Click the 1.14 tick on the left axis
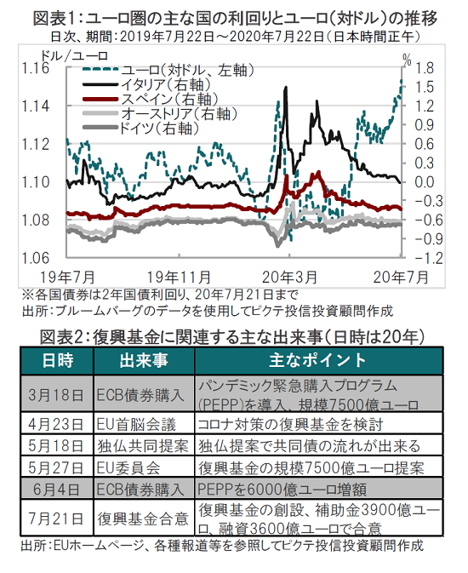(36, 106)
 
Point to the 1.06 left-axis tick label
(36, 258)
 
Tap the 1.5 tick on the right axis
(424, 88)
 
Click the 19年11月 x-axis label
(179, 278)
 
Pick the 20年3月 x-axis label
(289, 278)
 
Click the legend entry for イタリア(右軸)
(147, 84)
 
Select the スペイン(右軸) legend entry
(151, 99)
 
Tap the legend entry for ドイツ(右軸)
(141, 128)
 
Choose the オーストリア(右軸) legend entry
(160, 113)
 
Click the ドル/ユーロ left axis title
(75, 56)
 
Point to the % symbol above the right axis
(407, 60)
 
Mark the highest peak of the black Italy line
(285, 87)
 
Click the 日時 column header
(57, 361)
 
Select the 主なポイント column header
(318, 361)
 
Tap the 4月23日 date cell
(56, 424)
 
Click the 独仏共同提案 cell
(143, 446)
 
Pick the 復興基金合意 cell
(143, 519)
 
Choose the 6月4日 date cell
(56, 489)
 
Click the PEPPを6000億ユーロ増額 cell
(282, 489)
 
